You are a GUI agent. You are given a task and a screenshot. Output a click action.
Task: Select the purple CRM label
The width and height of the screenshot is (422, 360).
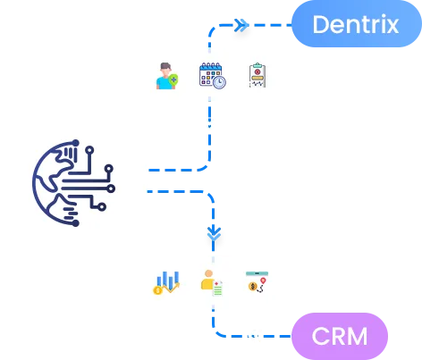click(340, 336)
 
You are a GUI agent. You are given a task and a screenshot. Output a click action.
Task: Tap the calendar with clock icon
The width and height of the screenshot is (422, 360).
click(212, 75)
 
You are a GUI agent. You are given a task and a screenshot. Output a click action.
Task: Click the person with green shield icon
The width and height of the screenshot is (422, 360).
click(165, 76)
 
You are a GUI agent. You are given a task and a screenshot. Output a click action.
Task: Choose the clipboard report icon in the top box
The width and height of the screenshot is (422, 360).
click(257, 75)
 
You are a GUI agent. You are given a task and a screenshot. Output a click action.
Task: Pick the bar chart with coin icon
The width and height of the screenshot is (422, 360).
click(166, 282)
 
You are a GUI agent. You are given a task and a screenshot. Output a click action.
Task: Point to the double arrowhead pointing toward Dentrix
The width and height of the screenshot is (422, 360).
click(241, 25)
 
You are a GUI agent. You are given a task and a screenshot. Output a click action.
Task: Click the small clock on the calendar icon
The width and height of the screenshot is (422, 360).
click(219, 82)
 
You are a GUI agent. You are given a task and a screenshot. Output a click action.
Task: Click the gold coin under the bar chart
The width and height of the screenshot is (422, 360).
click(158, 289)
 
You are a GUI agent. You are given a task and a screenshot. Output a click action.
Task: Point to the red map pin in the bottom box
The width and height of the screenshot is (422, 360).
click(263, 281)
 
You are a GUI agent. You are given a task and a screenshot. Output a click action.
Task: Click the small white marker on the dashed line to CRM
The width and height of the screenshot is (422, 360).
click(254, 336)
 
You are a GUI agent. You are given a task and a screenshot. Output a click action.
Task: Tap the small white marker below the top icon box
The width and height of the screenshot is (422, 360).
click(210, 123)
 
